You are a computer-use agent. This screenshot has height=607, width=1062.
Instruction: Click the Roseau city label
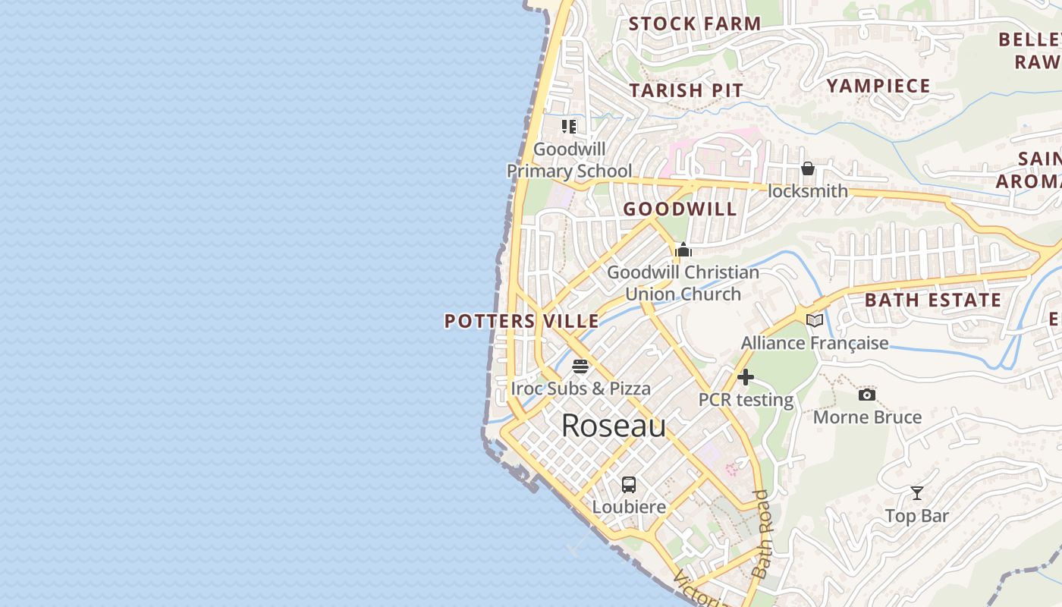click(x=614, y=426)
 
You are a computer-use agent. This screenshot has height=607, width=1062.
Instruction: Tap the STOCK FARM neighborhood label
click(x=694, y=24)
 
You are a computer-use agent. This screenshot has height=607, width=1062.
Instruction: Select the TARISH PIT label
click(x=687, y=90)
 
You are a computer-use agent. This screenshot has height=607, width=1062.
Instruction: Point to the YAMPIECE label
click(x=878, y=86)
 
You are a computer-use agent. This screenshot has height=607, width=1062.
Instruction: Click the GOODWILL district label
click(x=680, y=209)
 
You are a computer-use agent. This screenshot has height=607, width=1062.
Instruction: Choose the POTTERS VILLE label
click(x=521, y=321)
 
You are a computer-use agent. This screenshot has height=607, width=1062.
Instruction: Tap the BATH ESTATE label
click(x=933, y=300)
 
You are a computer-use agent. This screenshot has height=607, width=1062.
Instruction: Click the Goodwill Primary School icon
click(x=569, y=126)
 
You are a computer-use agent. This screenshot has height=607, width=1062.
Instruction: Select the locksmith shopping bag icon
click(x=808, y=168)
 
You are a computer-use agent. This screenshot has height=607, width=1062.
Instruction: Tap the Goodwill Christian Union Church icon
click(x=683, y=250)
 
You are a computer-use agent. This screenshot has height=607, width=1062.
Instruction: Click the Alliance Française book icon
click(x=815, y=320)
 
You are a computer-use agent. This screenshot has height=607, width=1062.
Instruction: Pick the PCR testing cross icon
click(x=745, y=377)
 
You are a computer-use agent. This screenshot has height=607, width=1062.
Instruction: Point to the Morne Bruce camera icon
click(x=867, y=395)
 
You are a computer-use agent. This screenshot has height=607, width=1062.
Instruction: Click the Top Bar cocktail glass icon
click(x=917, y=493)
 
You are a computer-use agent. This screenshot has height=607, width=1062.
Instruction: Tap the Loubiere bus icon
click(x=629, y=484)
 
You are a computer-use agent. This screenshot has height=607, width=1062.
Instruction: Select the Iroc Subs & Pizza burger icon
click(x=580, y=366)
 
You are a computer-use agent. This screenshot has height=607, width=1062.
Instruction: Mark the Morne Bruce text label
click(x=867, y=417)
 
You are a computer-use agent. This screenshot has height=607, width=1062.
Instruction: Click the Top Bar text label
click(x=917, y=517)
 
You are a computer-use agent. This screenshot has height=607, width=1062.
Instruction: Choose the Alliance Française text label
click(x=815, y=343)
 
